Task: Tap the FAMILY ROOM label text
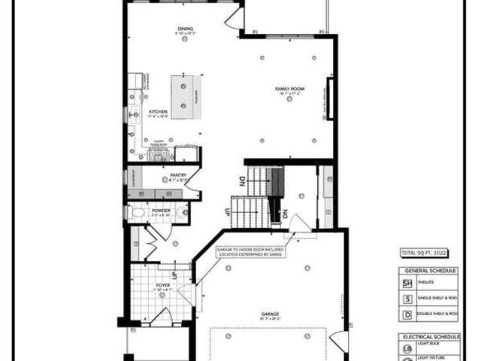pyautogui.click(x=287, y=89)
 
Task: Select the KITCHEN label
pyautogui.click(x=158, y=112)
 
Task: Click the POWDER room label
pyautogui.click(x=161, y=211)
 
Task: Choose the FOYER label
pyautogui.click(x=162, y=285)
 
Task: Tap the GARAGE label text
pyautogui.click(x=271, y=314)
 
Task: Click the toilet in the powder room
pyautogui.click(x=137, y=214)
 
